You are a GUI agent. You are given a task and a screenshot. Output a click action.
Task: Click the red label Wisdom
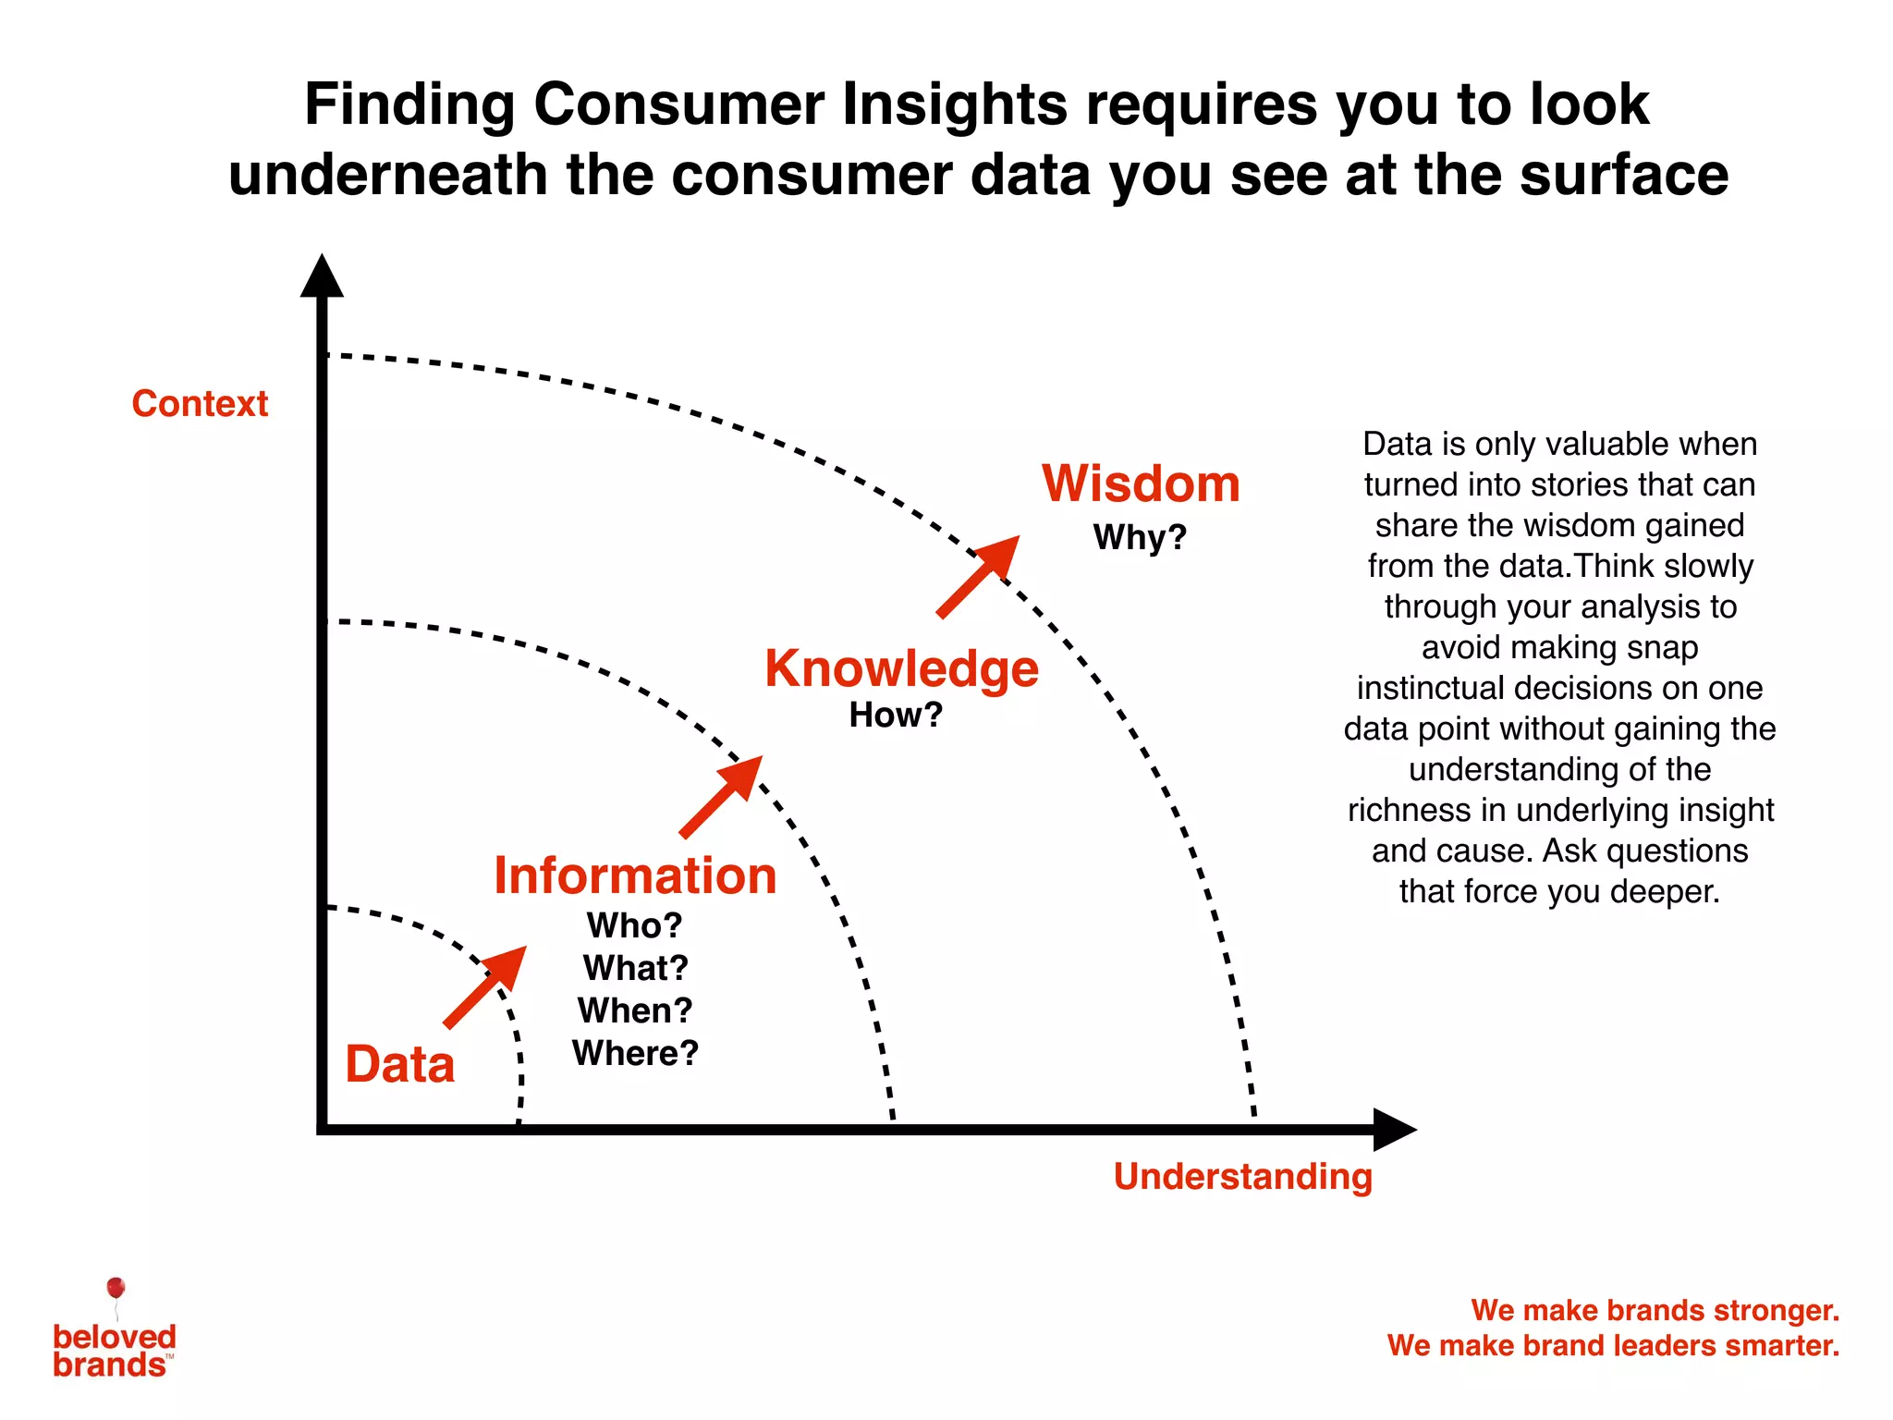[x=1141, y=484]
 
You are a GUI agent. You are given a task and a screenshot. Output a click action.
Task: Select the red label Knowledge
[x=901, y=668]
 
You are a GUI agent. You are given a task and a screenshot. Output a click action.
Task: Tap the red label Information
[x=635, y=875]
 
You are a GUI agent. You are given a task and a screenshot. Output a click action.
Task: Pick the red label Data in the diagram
[x=399, y=1064]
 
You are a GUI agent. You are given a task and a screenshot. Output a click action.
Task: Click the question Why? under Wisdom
[x=1140, y=537]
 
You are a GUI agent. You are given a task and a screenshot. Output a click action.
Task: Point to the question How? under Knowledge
[x=896, y=715]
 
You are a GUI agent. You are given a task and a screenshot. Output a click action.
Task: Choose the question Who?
[x=635, y=925]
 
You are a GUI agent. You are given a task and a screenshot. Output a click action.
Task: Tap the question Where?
[x=635, y=1053]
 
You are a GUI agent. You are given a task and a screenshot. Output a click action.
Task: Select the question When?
[x=635, y=1010]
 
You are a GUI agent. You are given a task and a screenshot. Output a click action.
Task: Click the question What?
[x=635, y=968]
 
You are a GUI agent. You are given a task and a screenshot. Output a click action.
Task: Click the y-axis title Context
[x=200, y=404]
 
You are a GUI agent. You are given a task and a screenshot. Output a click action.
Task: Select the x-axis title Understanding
[x=1242, y=1177]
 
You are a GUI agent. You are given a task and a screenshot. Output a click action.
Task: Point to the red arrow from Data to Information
[x=486, y=985]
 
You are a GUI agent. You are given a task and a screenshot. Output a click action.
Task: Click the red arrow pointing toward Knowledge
[x=722, y=796]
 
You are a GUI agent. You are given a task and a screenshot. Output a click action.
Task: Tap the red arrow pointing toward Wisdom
[x=979, y=576]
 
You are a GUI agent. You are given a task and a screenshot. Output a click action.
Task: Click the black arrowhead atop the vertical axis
[x=322, y=277]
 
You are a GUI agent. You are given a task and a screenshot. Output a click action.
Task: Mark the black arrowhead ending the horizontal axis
[x=1393, y=1130]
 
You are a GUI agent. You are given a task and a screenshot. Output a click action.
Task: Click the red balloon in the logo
[x=116, y=1288]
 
